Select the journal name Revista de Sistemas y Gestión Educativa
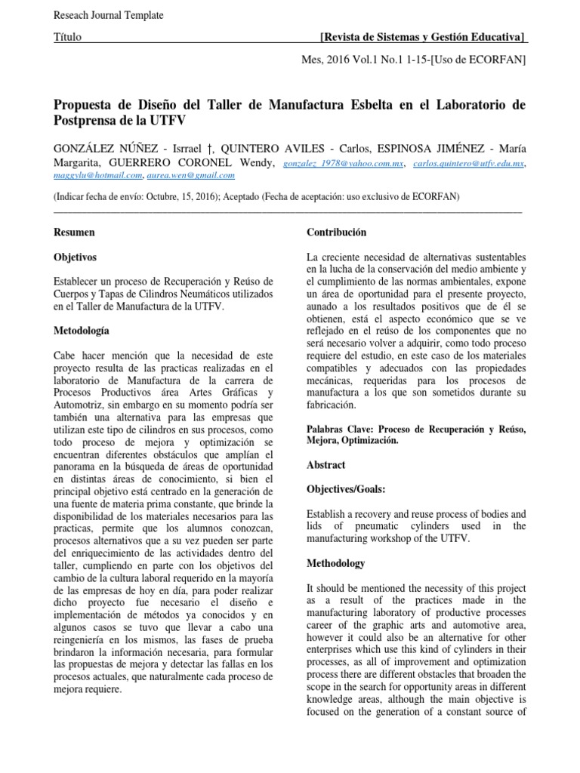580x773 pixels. (x=423, y=37)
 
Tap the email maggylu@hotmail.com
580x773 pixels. (x=98, y=175)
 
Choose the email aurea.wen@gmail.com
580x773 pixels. (x=190, y=175)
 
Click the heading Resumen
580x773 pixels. (x=76, y=233)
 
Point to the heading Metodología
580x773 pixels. (x=82, y=331)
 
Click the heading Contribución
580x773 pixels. (x=337, y=233)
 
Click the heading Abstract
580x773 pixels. (x=327, y=466)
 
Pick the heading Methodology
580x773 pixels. (x=336, y=563)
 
